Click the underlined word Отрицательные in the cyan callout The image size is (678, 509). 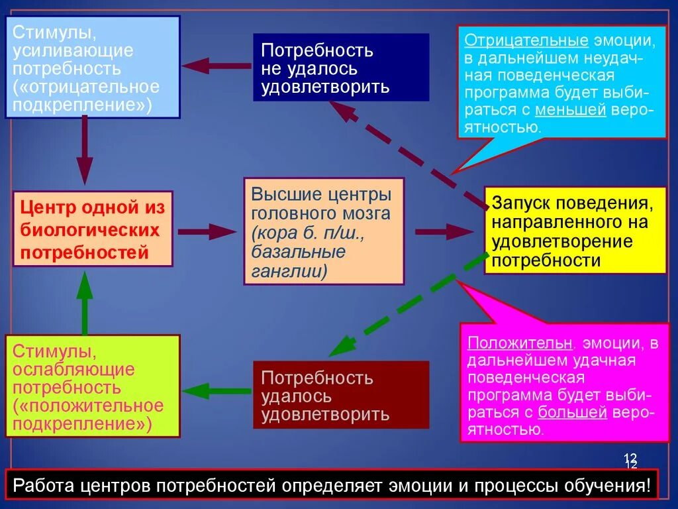point(526,40)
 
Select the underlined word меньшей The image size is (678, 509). point(571,110)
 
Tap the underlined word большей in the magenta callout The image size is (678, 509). point(573,412)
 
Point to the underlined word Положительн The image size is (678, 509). point(520,343)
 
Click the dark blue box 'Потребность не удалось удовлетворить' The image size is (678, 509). point(340,68)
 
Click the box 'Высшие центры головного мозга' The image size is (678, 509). point(323,231)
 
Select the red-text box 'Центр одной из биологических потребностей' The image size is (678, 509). point(93,229)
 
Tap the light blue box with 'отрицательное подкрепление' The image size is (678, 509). point(93,68)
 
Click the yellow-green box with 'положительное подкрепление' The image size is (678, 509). point(93,386)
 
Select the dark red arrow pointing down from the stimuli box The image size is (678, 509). point(84,151)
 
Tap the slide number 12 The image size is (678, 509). point(630,459)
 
